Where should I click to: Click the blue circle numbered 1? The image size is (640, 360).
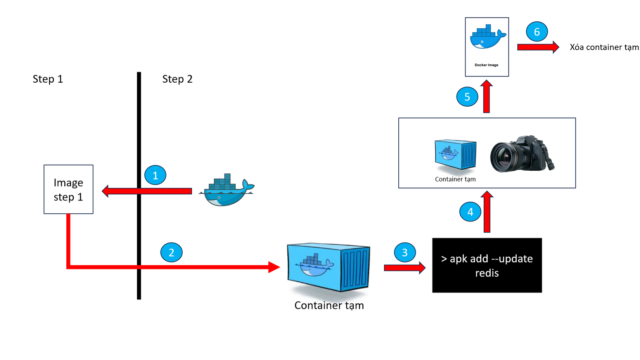(x=155, y=175)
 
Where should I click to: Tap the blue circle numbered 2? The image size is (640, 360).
(x=171, y=252)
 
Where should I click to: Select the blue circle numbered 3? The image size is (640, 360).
(x=405, y=252)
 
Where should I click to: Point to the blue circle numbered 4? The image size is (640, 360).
(x=470, y=211)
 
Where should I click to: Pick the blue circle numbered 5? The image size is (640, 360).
(x=467, y=97)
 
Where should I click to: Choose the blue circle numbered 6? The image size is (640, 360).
(x=537, y=32)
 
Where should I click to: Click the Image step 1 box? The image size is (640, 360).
(x=68, y=189)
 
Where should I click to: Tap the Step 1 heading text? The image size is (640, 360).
(x=48, y=79)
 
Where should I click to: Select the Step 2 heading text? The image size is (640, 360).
(x=177, y=79)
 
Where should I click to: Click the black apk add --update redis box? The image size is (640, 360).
(x=487, y=265)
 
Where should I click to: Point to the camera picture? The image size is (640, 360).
(x=522, y=154)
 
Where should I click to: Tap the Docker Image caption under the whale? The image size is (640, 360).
(x=486, y=65)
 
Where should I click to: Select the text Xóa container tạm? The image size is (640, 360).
(x=604, y=47)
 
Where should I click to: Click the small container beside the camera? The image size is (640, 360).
(x=455, y=155)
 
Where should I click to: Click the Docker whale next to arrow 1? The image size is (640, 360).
(x=227, y=190)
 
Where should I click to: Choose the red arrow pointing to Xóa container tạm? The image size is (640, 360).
(x=538, y=47)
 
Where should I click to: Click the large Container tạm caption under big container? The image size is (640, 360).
(x=329, y=305)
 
